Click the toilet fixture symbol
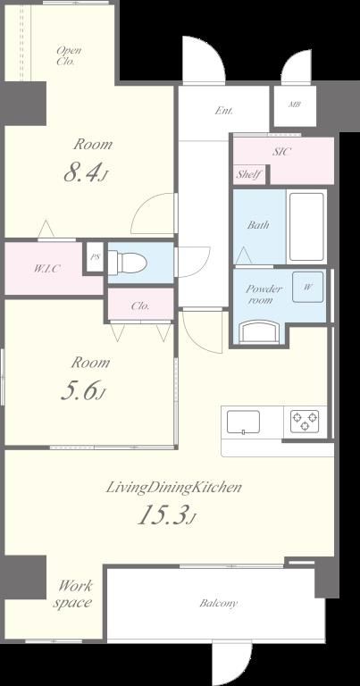pyautogui.click(x=128, y=263)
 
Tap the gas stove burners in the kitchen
pyautogui.click(x=305, y=422)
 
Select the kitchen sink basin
pyautogui.click(x=243, y=422)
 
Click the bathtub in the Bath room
pyautogui.click(x=306, y=226)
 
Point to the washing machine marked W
pyautogui.click(x=308, y=287)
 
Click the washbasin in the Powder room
pyautogui.click(x=261, y=331)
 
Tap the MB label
pyautogui.click(x=295, y=105)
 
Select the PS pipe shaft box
pyautogui.click(x=95, y=257)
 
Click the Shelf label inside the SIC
pyautogui.click(x=249, y=175)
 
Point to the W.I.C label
pyautogui.click(x=46, y=269)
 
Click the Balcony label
pyautogui.click(x=218, y=603)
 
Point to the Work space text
pyautogui.click(x=72, y=594)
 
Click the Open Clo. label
pyautogui.click(x=69, y=55)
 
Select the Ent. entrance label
pyautogui.click(x=223, y=111)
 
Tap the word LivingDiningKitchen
pyautogui.click(x=173, y=488)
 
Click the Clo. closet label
pyautogui.click(x=140, y=306)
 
